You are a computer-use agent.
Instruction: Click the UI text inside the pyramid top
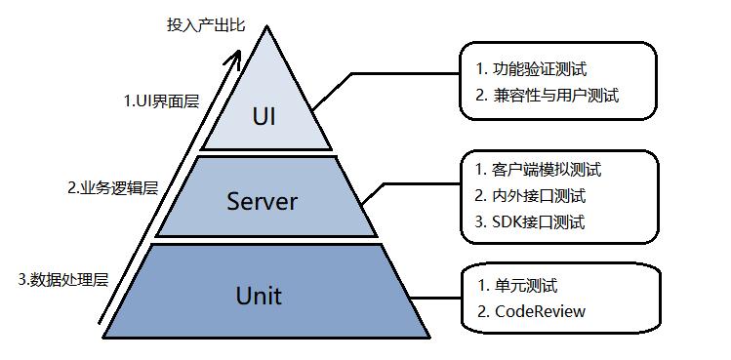click(x=264, y=117)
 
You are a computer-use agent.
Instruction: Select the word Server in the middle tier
click(x=262, y=201)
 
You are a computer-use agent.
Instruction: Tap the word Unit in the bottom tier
click(x=259, y=296)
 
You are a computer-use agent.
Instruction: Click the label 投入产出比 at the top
click(x=206, y=25)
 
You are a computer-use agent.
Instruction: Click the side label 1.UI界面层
click(x=162, y=101)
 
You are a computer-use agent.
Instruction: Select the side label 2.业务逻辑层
click(x=113, y=188)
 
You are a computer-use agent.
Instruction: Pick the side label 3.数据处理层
click(x=63, y=280)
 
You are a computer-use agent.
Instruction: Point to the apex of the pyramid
click(x=267, y=26)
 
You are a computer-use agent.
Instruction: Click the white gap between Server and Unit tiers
click(x=266, y=241)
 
